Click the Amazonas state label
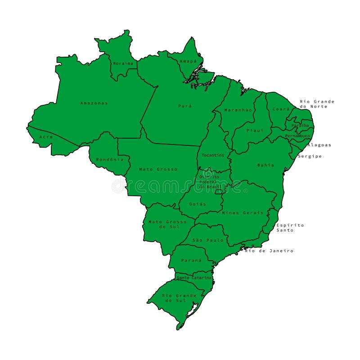pyautogui.click(x=94, y=103)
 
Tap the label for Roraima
pyautogui.click(x=123, y=63)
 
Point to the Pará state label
pyautogui.click(x=185, y=106)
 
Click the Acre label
pyautogui.click(x=46, y=137)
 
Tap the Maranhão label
pyautogui.click(x=237, y=110)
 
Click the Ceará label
pyautogui.click(x=281, y=109)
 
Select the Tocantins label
pyautogui.click(x=212, y=155)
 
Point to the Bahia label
pyautogui.click(x=265, y=165)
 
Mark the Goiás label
pyautogui.click(x=198, y=204)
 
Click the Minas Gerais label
pyautogui.click(x=243, y=212)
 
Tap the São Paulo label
pyautogui.click(x=208, y=240)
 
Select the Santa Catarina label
pyautogui.click(x=194, y=278)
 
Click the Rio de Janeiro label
pyautogui.click(x=269, y=251)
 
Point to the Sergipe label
pyautogui.click(x=310, y=156)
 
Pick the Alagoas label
pyautogui.click(x=319, y=145)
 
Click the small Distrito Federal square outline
pyautogui.click(x=219, y=192)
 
